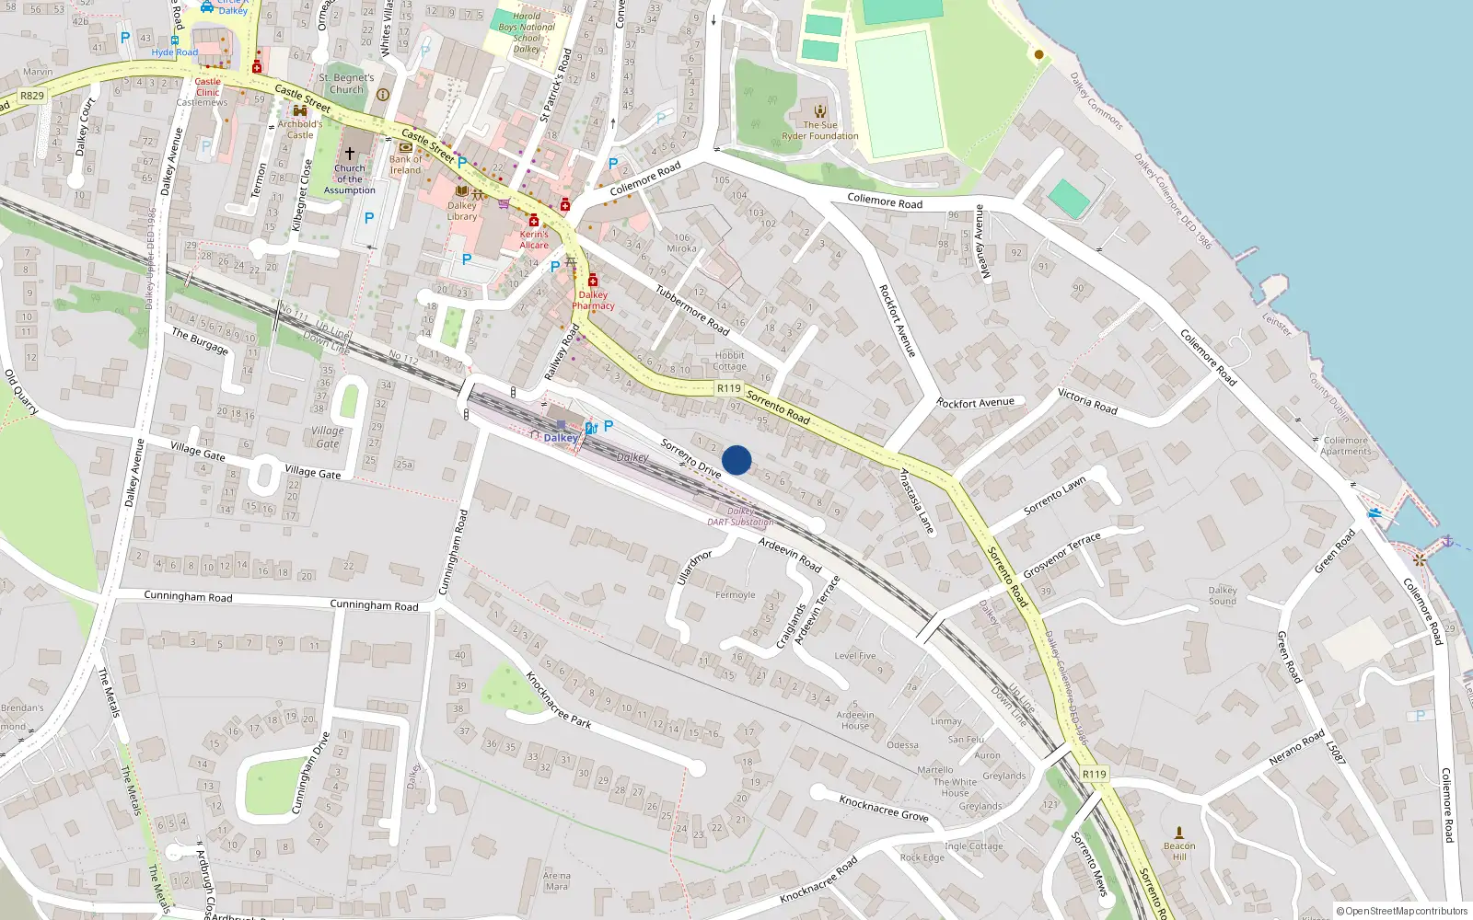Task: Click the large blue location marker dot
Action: [x=736, y=460]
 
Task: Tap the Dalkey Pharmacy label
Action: [x=593, y=301]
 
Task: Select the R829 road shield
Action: [x=32, y=96]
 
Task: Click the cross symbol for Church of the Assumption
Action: [x=350, y=154]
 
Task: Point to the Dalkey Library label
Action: [x=462, y=212]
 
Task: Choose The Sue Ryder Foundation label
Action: [x=819, y=131]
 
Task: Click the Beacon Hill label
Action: [x=1179, y=851]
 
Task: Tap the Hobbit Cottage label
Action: [x=729, y=361]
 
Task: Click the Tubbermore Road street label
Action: [x=692, y=310]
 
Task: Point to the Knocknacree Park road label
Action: [x=558, y=700]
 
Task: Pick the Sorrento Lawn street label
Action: [x=1055, y=496]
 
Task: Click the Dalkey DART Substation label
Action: [x=740, y=517]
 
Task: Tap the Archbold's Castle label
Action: [x=300, y=129]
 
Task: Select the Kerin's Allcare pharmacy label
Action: [x=534, y=239]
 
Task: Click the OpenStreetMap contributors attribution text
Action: [x=1402, y=912]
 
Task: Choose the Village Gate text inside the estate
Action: [x=328, y=437]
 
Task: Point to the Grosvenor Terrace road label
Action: [x=1061, y=555]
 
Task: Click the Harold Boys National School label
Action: [x=527, y=32]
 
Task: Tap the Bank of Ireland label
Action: [x=405, y=165]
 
